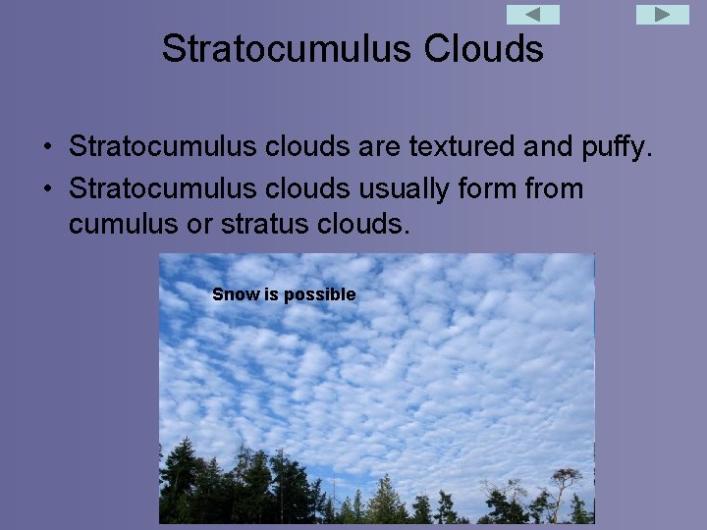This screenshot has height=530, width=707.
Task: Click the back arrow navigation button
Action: point(532,15)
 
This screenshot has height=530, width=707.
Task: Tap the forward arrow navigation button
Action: point(663,15)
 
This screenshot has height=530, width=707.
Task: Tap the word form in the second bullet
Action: point(488,187)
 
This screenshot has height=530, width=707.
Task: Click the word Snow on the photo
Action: point(236,294)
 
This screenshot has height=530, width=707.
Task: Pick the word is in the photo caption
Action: point(272,294)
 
